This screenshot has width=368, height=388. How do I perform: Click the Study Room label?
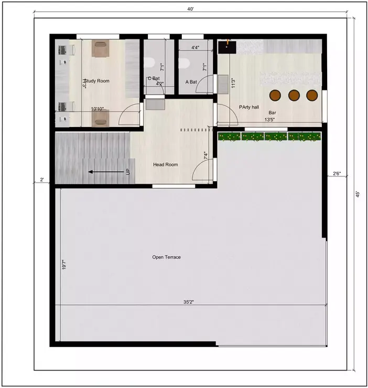[x=96, y=81]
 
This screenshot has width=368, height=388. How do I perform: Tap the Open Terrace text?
[x=166, y=257]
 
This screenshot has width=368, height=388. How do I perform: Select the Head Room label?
[x=165, y=164]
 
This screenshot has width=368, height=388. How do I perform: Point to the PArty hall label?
[x=249, y=107]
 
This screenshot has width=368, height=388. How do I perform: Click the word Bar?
[x=273, y=112]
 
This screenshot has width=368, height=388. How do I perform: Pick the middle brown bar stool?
[x=294, y=95]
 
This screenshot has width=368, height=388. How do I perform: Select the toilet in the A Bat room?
[x=183, y=63]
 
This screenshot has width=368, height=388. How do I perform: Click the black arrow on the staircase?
[x=102, y=171]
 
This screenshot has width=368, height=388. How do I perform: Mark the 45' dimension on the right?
[x=358, y=194]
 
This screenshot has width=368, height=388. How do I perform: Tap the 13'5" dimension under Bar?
[x=270, y=119]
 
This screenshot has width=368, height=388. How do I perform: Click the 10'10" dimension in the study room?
[x=97, y=109]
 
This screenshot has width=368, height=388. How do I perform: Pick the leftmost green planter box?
[x=229, y=137]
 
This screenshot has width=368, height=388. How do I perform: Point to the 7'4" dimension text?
[x=205, y=156]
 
